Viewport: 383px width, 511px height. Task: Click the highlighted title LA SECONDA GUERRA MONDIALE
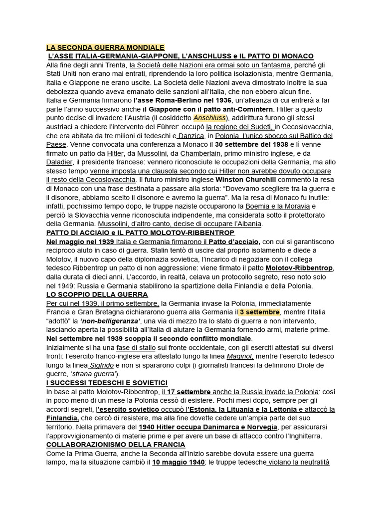click(105, 47)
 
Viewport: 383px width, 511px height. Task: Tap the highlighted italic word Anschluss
click(209, 118)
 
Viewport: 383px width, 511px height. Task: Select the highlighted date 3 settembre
click(259, 312)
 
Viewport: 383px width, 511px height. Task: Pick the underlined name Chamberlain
click(201, 153)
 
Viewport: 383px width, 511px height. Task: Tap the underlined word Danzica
click(191, 135)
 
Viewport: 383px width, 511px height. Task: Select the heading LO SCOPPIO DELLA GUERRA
click(97, 294)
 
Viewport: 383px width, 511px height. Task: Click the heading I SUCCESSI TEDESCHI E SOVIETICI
click(107, 382)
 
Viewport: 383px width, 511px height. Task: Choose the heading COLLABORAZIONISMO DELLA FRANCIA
click(116, 444)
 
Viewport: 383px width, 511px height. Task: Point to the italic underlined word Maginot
click(240, 356)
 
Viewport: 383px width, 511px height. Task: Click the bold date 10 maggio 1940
click(179, 462)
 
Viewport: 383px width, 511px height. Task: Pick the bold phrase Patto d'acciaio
click(234, 242)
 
